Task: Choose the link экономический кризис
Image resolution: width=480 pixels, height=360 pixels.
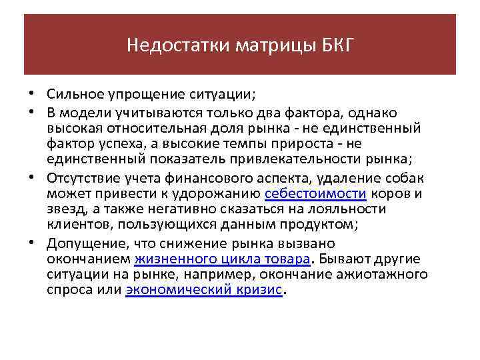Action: point(204,291)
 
